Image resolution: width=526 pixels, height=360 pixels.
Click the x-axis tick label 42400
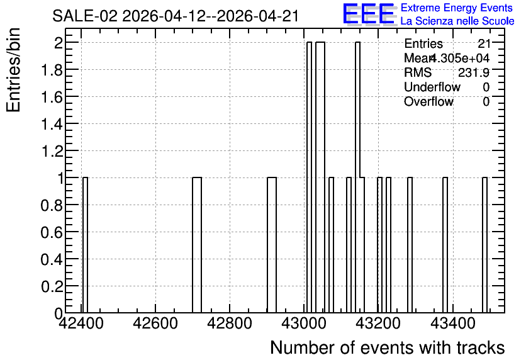pos(81,323)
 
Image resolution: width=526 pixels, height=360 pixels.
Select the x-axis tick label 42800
pos(230,323)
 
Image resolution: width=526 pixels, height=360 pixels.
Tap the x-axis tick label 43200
pos(378,323)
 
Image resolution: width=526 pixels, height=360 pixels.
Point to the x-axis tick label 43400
pos(452,323)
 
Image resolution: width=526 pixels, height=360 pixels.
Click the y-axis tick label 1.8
pos(52,70)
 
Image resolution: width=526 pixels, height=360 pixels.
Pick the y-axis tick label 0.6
pos(52,232)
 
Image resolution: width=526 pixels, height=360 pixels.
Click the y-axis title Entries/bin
pos(13,70)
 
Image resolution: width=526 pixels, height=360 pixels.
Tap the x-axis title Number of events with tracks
pos(388,347)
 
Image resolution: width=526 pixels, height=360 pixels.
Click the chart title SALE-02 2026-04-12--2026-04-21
pos(176,16)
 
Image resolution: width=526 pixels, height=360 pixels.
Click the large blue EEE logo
pos(368,14)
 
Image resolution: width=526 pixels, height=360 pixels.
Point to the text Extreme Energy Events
pos(457,8)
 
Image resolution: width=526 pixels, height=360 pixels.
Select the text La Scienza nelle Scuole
pos(457,21)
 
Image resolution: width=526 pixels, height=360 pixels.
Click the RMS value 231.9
pos(474,72)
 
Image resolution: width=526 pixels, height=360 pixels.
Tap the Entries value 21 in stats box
pos(484,43)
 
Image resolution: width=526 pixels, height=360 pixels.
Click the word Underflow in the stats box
pos(432,87)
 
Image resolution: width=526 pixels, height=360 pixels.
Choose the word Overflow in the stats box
pos(428,101)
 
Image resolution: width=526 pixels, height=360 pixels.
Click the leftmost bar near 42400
pos(85,245)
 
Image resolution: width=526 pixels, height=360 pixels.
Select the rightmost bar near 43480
pos(484,245)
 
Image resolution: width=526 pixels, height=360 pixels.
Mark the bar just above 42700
pos(197,245)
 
